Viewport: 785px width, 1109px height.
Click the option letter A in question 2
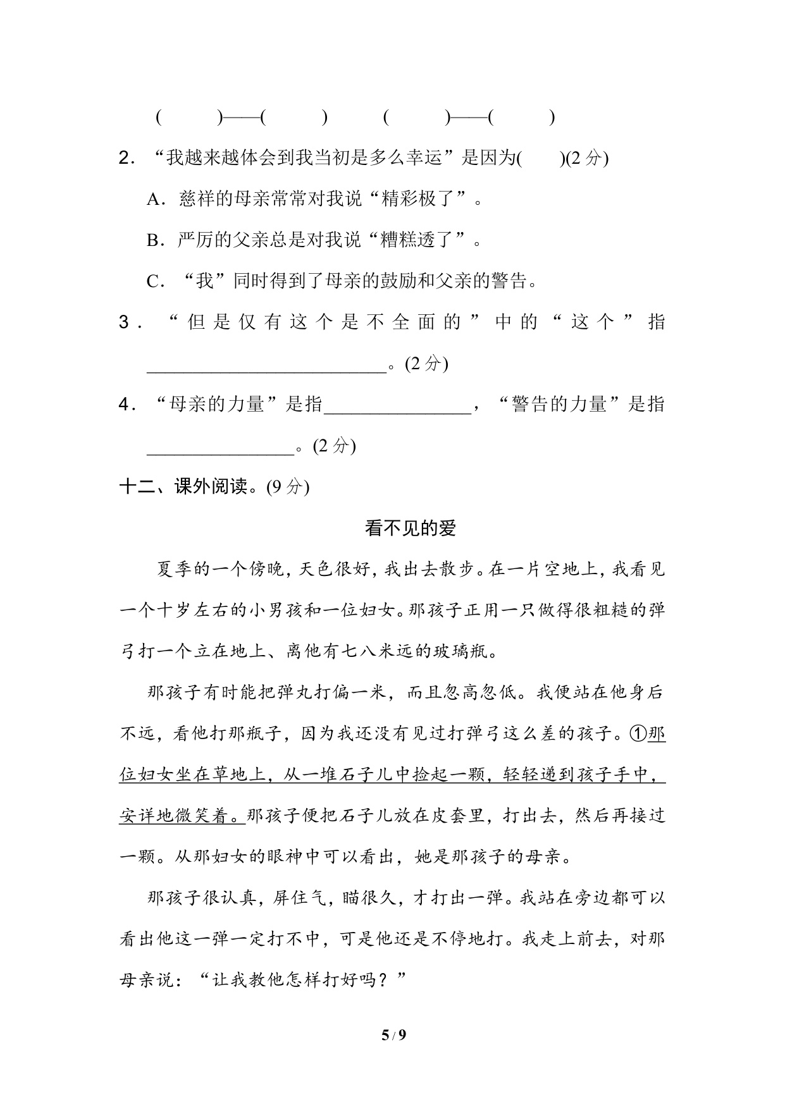tap(154, 200)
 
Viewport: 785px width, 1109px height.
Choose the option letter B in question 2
tap(154, 241)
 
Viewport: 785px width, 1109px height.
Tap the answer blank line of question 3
tap(266, 365)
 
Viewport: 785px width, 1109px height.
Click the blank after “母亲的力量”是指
tap(397, 405)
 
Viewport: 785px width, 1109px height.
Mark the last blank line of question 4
tap(221, 447)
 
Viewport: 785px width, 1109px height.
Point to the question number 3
tap(125, 323)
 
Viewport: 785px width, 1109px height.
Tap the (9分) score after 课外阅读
tap(288, 487)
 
